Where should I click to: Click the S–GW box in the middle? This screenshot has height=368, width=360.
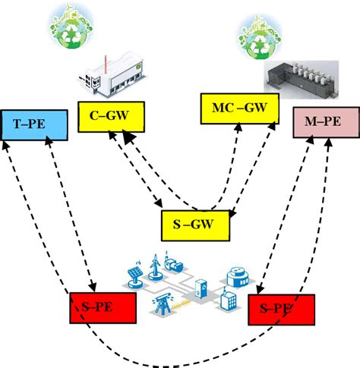[194, 225]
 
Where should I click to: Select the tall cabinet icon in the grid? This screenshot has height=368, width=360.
[201, 289]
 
